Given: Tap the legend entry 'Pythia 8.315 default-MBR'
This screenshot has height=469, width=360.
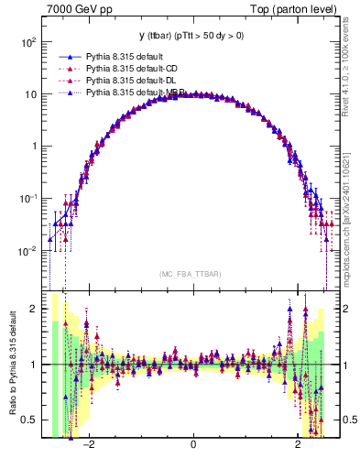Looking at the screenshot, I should (x=136, y=92).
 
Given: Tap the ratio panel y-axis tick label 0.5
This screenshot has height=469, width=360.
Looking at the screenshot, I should (x=29, y=420).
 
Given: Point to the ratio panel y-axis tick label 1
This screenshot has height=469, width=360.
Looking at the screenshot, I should (x=33, y=365).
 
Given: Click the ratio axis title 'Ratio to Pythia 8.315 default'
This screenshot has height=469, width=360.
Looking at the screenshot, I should (x=11, y=365).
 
